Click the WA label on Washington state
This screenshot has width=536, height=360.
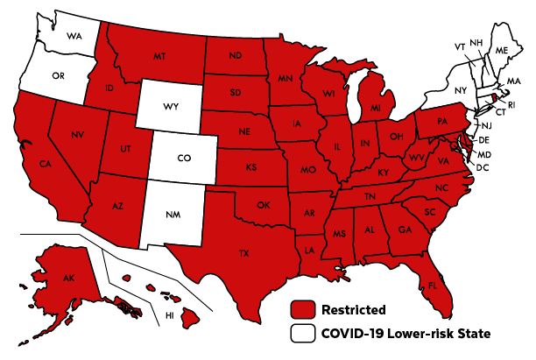[x=74, y=38]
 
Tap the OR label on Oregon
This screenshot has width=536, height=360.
[x=58, y=76]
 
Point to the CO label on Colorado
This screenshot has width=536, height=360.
[x=183, y=159]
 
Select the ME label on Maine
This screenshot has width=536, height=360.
[x=501, y=52]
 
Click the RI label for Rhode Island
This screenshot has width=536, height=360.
[x=512, y=105]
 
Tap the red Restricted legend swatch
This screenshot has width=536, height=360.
[x=303, y=309]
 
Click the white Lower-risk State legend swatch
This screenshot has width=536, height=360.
[x=303, y=333]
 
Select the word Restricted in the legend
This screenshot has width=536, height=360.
[x=354, y=309]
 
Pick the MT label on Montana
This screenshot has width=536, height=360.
[x=159, y=56]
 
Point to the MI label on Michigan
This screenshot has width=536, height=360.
[x=373, y=109]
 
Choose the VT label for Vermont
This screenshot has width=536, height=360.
[x=459, y=46]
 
